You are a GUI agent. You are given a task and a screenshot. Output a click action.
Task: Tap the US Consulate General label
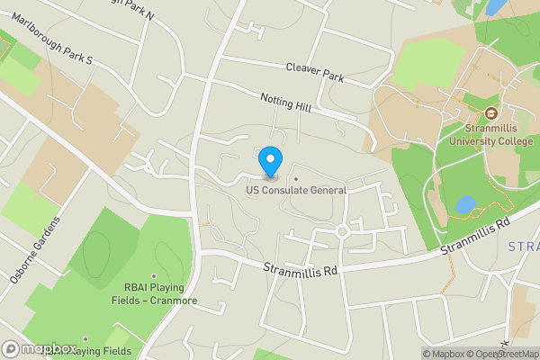296,190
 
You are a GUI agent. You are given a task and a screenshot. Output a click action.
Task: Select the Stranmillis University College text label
491,134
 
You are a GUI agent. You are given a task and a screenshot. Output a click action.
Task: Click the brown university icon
491,113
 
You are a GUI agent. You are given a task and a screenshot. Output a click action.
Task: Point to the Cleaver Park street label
315,73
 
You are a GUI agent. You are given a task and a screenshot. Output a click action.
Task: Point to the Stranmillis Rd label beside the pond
476,235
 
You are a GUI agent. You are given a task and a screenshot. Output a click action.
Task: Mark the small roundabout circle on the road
342,231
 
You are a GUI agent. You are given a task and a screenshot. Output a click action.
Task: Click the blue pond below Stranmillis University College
464,205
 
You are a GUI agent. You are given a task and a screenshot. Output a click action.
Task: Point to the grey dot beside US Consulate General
295,178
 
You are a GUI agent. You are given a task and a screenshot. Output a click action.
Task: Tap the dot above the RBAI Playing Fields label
153,276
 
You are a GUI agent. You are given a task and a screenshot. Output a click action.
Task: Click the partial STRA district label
523,247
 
